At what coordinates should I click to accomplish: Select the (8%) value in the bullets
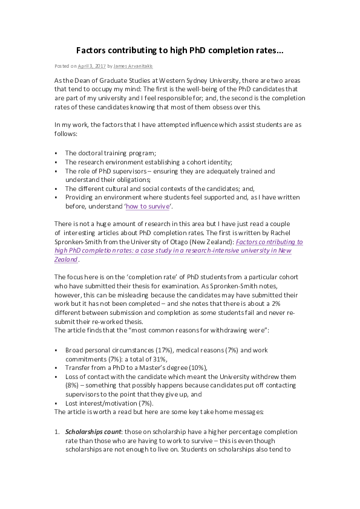tap(72, 385)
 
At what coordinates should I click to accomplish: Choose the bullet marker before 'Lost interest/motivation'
tap(56, 403)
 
